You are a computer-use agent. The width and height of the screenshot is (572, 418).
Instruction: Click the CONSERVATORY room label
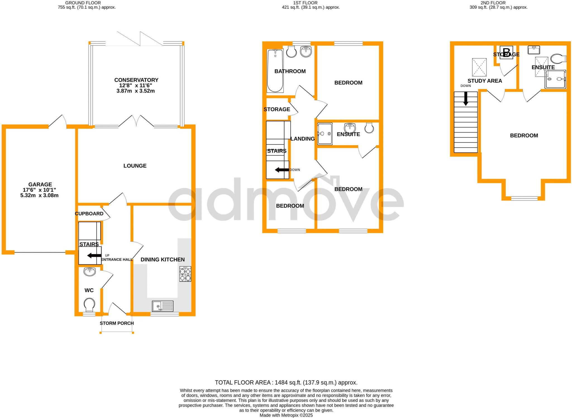pyautogui.click(x=136, y=80)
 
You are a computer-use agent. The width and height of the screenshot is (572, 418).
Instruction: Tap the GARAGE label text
pyautogui.click(x=40, y=185)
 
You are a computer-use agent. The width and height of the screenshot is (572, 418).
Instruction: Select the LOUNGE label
pyautogui.click(x=135, y=166)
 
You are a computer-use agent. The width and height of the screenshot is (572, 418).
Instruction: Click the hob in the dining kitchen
pyautogui.click(x=185, y=274)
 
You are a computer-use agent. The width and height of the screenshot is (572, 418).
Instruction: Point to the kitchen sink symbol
pyautogui.click(x=163, y=306)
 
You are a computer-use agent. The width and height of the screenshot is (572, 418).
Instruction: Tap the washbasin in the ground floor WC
pyautogui.click(x=90, y=271)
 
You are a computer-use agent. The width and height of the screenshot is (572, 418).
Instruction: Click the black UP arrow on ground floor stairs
pyautogui.click(x=94, y=255)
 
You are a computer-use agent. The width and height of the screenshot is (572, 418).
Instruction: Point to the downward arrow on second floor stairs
pyautogui.click(x=466, y=99)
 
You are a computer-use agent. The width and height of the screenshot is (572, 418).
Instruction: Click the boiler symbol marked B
pyautogui.click(x=506, y=52)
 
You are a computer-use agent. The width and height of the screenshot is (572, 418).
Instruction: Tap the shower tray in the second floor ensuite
pyautogui.click(x=556, y=79)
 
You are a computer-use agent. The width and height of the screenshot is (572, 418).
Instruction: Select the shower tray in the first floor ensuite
pyautogui.click(x=325, y=134)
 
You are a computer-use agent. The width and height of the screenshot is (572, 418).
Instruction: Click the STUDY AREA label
pyautogui.click(x=485, y=81)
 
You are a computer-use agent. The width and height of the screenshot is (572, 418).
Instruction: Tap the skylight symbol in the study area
pyautogui.click(x=479, y=67)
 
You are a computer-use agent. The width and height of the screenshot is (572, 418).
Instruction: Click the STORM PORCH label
pyautogui.click(x=117, y=323)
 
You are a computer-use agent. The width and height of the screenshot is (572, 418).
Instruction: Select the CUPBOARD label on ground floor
pyautogui.click(x=89, y=214)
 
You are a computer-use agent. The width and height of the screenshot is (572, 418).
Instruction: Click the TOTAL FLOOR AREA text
pyautogui.click(x=286, y=383)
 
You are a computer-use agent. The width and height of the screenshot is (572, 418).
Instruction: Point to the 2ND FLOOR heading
pyautogui.click(x=499, y=3)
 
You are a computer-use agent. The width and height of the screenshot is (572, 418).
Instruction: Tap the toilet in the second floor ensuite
pyautogui.click(x=558, y=59)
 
